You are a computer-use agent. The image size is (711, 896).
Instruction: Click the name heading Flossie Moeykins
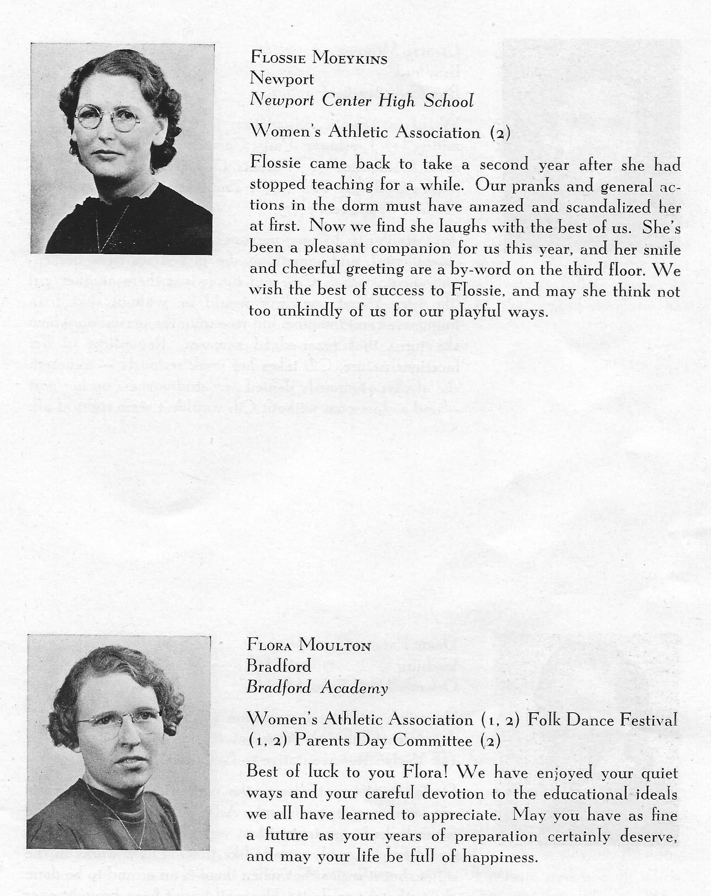(x=319, y=58)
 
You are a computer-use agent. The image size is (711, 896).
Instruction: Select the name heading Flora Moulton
(x=309, y=645)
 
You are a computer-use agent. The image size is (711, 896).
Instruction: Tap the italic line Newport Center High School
(x=361, y=101)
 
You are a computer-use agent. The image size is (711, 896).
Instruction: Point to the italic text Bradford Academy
(x=317, y=688)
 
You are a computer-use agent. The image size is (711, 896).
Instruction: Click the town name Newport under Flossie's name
(x=282, y=79)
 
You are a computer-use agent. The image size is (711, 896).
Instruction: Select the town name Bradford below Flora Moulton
(x=279, y=667)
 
